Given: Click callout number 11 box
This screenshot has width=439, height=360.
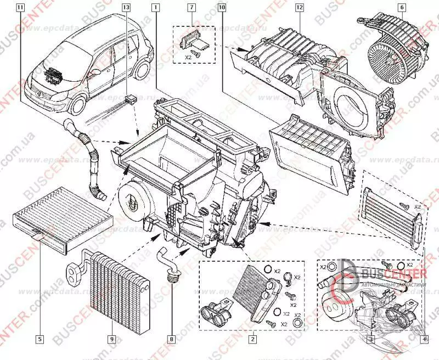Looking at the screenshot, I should [x=20, y=8].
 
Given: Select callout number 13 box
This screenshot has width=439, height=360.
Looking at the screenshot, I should [x=126, y=8].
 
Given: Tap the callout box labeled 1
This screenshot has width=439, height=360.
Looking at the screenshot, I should [x=156, y=8].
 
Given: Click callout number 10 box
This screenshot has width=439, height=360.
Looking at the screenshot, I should [x=221, y=8].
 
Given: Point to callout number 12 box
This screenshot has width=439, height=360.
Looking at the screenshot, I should [x=299, y=8].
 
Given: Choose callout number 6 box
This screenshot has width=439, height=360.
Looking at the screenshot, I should [x=402, y=8].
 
